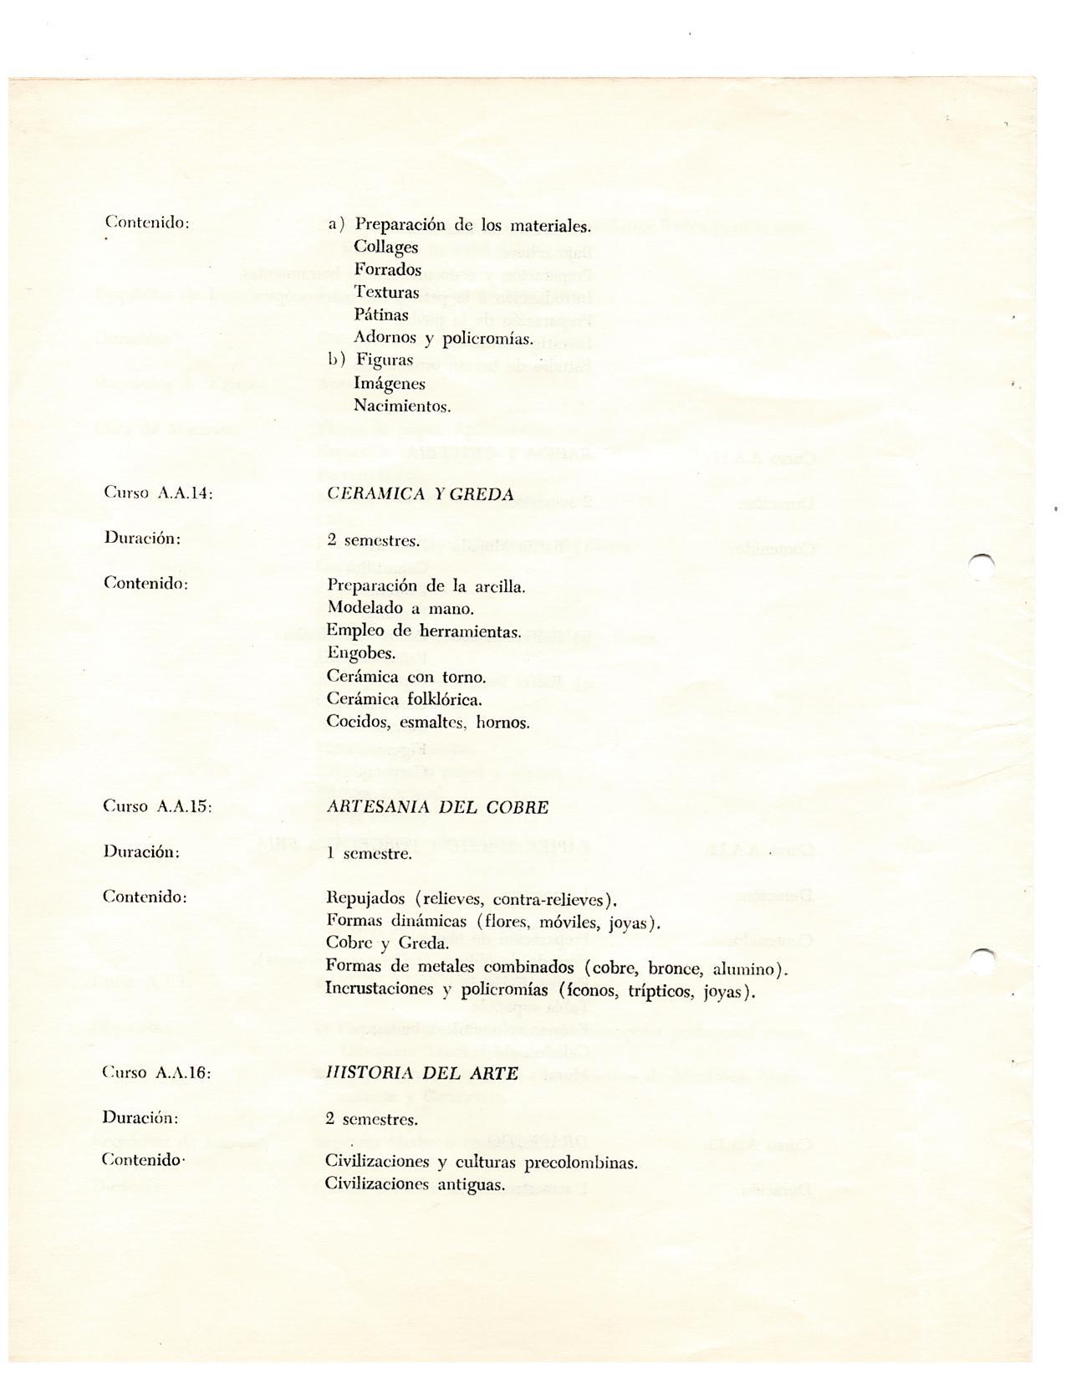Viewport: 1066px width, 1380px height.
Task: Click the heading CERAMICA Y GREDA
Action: click(x=421, y=494)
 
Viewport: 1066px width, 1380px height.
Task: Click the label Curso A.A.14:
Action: click(x=158, y=493)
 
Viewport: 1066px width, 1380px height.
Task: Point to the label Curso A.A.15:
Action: click(x=157, y=807)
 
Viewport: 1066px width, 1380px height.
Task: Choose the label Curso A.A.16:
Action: click(x=156, y=1073)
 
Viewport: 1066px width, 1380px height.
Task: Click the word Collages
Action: click(x=385, y=248)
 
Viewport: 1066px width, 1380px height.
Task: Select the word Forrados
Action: click(x=387, y=270)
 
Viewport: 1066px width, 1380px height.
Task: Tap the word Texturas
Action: click(x=386, y=293)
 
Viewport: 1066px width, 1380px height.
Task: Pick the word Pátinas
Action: click(x=381, y=315)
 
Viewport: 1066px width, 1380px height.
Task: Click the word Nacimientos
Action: click(x=402, y=407)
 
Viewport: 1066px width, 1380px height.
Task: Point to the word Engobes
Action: click(x=361, y=654)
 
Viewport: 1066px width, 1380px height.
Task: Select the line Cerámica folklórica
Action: click(x=405, y=699)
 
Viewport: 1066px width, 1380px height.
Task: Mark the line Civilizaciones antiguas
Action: click(x=415, y=1185)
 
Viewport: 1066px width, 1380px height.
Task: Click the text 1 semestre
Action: click(x=368, y=854)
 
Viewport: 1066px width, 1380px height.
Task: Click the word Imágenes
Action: click(x=390, y=385)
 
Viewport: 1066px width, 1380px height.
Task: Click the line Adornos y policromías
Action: click(x=443, y=339)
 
